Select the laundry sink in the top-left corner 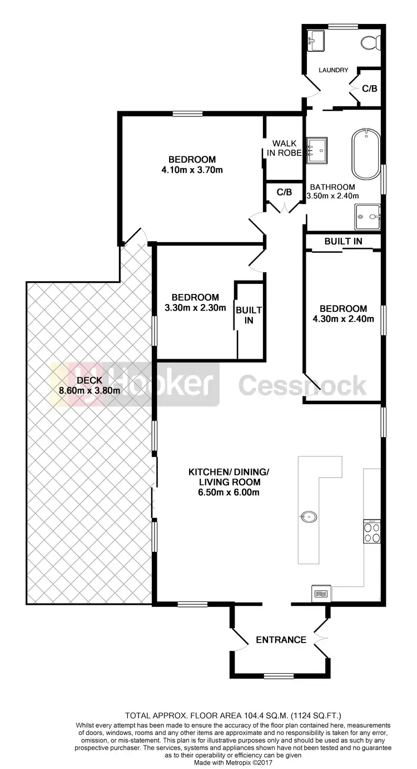[316, 40]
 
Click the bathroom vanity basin [317, 149]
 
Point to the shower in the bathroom [368, 217]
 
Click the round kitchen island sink [307, 516]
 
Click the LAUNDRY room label [333, 70]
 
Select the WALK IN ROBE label [283, 148]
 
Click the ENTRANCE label [281, 640]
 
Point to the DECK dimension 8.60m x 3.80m [90, 390]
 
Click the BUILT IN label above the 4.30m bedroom [344, 241]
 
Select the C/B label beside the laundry [370, 89]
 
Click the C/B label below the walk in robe [284, 192]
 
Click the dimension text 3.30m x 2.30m [195, 307]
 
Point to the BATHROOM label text [332, 187]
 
